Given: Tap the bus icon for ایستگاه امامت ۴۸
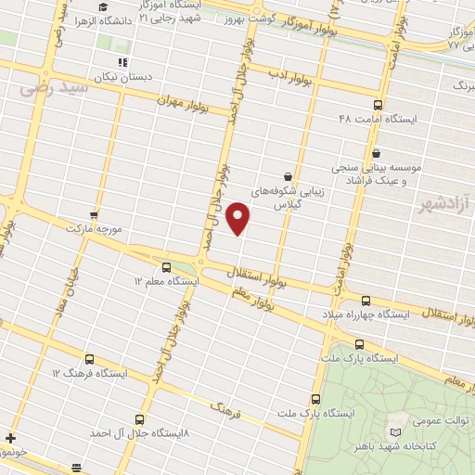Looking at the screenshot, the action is coord(377,105).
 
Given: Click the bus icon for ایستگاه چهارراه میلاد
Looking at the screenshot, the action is coord(365,301).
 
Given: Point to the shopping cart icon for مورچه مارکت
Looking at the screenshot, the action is coord(94,213).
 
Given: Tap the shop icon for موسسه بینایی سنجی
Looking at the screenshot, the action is coord(376,153).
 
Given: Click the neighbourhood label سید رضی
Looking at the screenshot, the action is coord(51,89).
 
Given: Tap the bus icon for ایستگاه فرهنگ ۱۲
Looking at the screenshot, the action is coord(89,359).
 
